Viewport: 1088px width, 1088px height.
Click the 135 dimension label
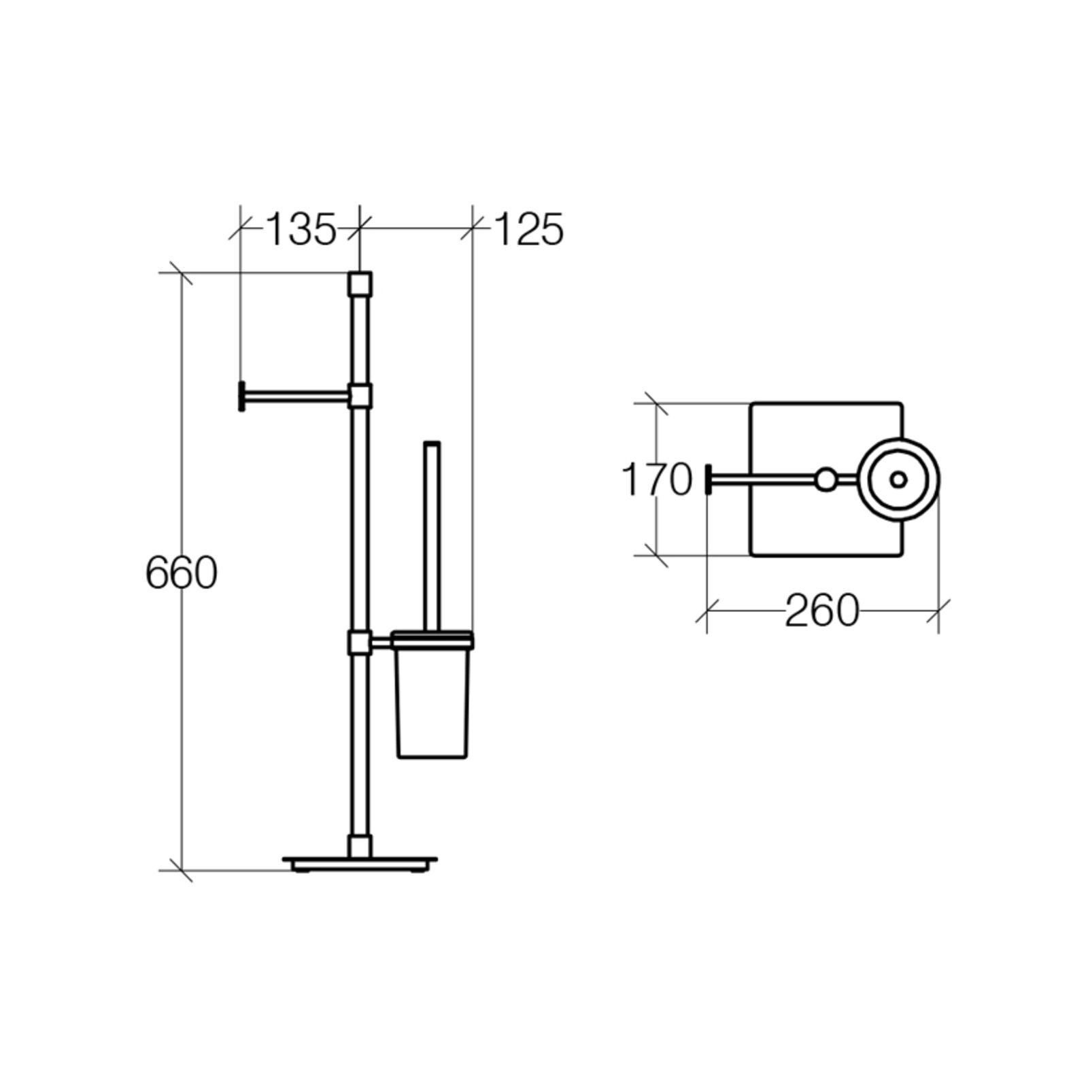coord(300,230)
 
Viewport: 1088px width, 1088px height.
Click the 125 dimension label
coord(528,230)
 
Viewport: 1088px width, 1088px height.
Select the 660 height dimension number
coord(181,573)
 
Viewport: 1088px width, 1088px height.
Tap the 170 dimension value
coord(656,480)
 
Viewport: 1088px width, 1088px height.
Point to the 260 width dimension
coord(821,611)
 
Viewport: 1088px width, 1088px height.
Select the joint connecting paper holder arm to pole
coord(360,395)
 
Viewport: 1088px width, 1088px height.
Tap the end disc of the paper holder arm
coord(241,396)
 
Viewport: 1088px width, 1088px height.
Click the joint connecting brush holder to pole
coord(360,642)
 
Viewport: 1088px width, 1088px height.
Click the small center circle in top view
coord(898,480)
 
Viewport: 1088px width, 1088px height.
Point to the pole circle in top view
coord(826,480)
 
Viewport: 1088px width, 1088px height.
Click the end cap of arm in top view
coord(709,480)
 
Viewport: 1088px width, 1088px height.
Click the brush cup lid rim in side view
coord(432,638)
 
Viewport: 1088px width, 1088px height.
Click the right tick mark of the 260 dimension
coord(938,611)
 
